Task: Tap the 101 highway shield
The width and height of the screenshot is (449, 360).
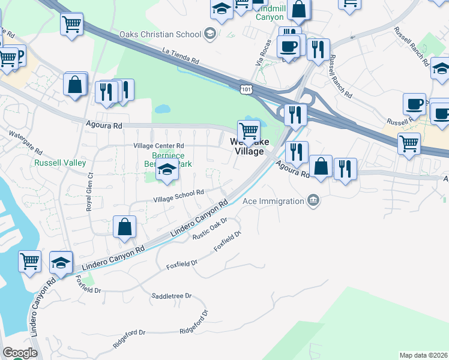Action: coord(246,89)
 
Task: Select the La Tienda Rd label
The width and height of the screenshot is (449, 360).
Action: coord(181,56)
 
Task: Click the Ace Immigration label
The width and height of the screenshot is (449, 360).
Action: coord(273,201)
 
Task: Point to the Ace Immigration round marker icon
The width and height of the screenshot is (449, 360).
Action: coord(313,200)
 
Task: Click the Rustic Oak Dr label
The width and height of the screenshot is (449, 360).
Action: coord(209,229)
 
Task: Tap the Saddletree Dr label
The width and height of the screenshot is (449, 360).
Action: coord(171,296)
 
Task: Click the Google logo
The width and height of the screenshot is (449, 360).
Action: coord(20,353)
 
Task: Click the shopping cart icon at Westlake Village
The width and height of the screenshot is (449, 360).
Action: coord(248,130)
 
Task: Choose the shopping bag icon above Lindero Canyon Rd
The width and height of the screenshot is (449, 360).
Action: coord(124,226)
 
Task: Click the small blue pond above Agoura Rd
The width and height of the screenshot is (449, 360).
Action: coord(161,110)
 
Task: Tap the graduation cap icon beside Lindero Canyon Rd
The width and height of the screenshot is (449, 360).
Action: coord(61,262)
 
